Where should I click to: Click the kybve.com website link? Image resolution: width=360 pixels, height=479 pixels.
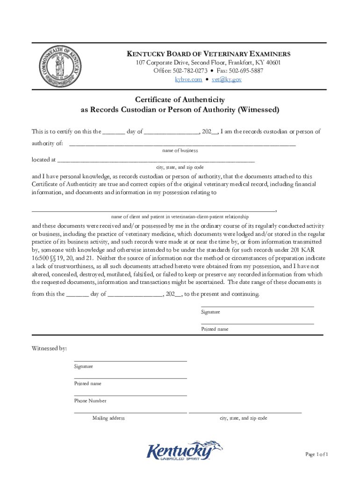[x=188, y=80]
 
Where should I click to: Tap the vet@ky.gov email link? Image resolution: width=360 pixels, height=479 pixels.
[x=226, y=80]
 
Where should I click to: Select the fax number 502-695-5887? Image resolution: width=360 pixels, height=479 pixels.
[x=245, y=71]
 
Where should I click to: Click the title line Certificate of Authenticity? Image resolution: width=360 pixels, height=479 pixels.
[x=180, y=100]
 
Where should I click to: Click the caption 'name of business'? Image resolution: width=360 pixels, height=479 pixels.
[x=180, y=151]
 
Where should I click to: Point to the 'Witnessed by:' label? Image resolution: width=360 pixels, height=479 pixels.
[x=49, y=348]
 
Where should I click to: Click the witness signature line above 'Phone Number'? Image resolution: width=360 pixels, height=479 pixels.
[x=130, y=395]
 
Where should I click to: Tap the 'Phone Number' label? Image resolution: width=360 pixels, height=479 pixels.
[x=90, y=401]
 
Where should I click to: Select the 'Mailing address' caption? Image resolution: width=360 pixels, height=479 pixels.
[x=108, y=418]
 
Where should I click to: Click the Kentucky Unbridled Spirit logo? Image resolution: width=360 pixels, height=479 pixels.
[x=185, y=451]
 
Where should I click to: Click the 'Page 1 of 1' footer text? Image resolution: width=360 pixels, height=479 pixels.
[x=317, y=454]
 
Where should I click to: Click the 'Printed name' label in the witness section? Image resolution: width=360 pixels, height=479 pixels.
[x=87, y=384]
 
